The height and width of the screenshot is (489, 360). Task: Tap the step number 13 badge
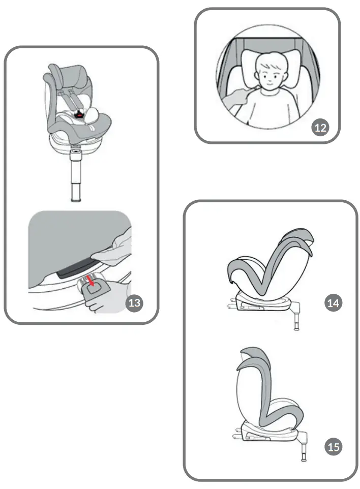click(134, 303)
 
